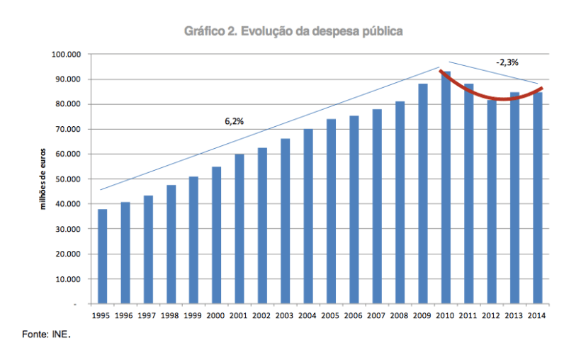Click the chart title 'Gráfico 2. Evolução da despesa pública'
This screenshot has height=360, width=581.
click(x=293, y=31)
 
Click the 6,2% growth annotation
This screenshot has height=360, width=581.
click(x=234, y=121)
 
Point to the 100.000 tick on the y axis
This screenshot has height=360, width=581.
click(x=67, y=55)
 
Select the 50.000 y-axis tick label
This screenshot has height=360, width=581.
click(x=69, y=179)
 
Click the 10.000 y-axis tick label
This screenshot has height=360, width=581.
click(x=69, y=279)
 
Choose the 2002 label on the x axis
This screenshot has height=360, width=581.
click(x=262, y=315)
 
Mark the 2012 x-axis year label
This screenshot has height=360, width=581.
click(x=491, y=315)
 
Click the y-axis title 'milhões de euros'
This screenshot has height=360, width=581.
click(x=43, y=179)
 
